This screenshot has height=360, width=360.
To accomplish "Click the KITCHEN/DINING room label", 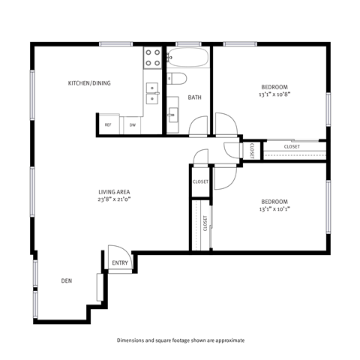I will (x=89, y=83).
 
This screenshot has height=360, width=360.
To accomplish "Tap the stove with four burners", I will (x=152, y=58).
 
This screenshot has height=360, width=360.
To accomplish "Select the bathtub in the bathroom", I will (x=187, y=58).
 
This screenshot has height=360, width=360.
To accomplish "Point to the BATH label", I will (x=194, y=97).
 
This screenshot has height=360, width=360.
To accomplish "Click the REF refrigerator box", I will (x=108, y=124).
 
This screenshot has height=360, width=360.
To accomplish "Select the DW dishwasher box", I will (x=132, y=124).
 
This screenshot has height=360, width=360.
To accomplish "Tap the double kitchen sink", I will (x=152, y=92).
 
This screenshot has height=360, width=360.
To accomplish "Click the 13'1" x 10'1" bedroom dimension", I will (x=274, y=209).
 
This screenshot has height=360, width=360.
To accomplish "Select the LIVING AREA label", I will (x=114, y=193).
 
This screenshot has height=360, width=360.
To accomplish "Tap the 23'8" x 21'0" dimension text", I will (x=114, y=200).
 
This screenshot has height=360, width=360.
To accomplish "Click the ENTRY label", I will (x=120, y=263).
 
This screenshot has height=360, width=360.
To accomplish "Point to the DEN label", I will (x=67, y=281).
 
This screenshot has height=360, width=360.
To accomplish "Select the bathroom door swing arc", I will (x=197, y=125).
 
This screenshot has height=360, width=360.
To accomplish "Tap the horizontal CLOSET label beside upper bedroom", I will (x=292, y=146).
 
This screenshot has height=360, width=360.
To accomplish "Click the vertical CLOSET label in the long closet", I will (x=205, y=223).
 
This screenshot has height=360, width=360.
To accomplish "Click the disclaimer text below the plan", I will (x=180, y=340).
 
